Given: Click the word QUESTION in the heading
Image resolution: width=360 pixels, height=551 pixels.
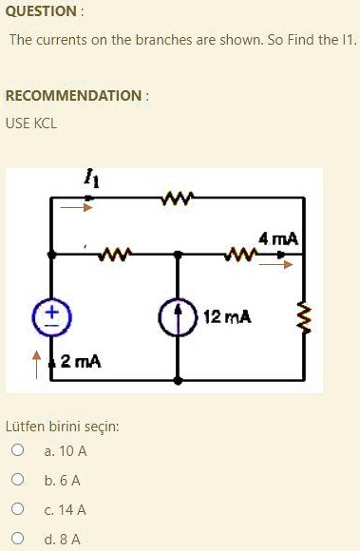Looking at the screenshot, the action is tap(41, 11).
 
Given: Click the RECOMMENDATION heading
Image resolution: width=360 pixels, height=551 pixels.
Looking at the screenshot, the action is tap(74, 96).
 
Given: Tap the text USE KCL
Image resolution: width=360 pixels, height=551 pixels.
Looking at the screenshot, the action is tap(31, 123).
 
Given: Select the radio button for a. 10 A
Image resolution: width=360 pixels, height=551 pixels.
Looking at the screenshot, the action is tap(17, 449).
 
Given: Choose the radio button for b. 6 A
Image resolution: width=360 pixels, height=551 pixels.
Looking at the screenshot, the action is tap(17, 479).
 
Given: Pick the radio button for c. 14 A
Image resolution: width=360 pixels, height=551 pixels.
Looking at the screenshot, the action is tap(17, 508).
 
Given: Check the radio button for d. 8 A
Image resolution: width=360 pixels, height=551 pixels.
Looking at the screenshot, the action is tap(17, 538).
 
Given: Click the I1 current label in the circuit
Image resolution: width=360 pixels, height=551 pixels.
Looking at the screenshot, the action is tap(91, 179).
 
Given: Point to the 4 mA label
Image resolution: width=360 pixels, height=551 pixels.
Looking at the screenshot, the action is tap(278, 239).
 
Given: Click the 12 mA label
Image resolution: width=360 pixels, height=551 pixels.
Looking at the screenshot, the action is tap(227, 316).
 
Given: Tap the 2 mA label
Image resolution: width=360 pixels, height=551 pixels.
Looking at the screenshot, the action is tap(81, 361).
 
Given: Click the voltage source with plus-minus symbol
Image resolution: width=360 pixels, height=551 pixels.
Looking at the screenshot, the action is tap(52, 317).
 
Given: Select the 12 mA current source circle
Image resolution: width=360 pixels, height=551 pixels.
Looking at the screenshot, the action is tap(178, 316).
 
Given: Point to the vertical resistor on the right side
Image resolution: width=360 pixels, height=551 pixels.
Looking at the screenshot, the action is tap(304, 317).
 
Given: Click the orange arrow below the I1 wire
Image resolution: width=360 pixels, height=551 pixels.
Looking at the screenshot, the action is tap(76, 207).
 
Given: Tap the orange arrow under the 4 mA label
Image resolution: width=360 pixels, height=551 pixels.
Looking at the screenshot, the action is tap(275, 264).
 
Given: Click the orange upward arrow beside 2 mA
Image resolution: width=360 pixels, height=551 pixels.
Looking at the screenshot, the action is tap(36, 366).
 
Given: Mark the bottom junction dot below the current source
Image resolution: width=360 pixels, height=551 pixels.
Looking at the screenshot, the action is tap(178, 380).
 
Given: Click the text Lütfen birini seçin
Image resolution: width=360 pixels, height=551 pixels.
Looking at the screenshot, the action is tap(63, 427).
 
